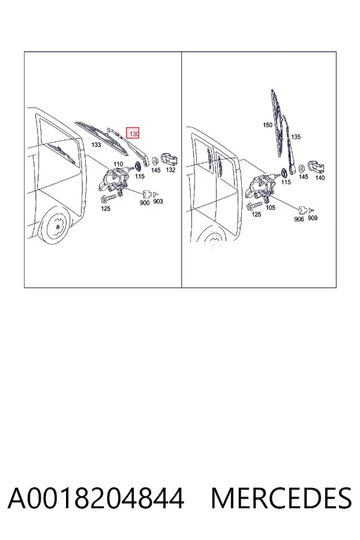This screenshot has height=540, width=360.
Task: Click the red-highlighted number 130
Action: click(134, 134)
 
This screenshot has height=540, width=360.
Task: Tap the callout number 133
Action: click(96, 145)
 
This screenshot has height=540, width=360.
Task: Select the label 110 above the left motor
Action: click(118, 164)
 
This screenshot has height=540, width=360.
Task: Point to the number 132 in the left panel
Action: click(171, 170)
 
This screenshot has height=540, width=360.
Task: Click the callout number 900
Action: click(145, 203)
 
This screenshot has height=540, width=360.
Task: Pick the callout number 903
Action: click(158, 202)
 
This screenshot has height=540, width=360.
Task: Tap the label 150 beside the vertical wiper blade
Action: click(268, 125)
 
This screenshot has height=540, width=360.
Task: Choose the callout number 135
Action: click(296, 137)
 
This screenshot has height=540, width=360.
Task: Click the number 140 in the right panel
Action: click(320, 178)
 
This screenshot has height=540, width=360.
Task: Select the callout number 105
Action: click(271, 208)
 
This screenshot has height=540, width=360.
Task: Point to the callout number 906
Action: click(299, 219)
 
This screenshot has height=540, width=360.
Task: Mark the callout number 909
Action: click(313, 218)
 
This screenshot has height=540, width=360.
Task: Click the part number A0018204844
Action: click(96, 499)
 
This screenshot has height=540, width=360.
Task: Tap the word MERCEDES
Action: click(281, 499)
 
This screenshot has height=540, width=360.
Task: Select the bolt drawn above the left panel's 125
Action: click(108, 199)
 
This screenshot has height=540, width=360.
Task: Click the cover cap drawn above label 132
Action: click(169, 159)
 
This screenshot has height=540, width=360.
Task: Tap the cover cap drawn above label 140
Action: click(317, 167)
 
